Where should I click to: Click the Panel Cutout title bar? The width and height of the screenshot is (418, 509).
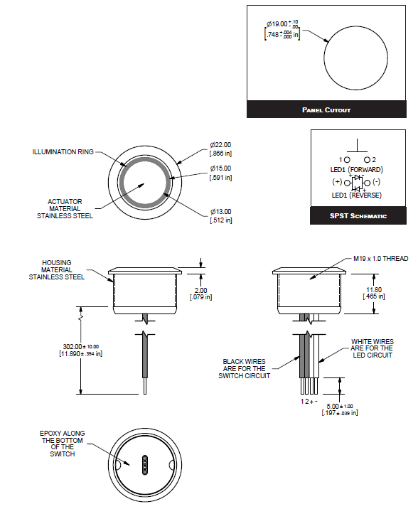[326, 110]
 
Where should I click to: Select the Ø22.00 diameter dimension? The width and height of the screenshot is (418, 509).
[220, 149]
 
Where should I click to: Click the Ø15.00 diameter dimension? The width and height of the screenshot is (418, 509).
[220, 173]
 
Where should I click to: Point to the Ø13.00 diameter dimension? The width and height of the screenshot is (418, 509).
[220, 217]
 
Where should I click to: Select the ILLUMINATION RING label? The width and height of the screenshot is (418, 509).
[63, 151]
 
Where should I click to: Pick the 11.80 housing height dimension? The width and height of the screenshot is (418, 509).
[374, 293]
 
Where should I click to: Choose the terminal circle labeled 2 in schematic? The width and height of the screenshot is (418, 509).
[367, 159]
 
